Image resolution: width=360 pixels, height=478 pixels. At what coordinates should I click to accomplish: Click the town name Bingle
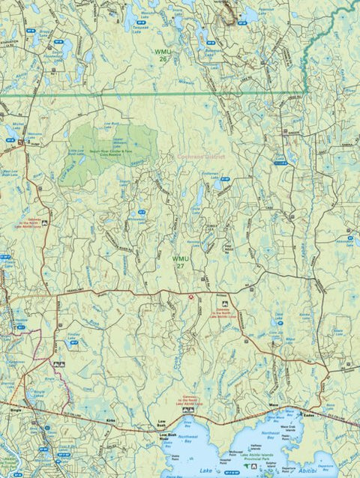16,410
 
